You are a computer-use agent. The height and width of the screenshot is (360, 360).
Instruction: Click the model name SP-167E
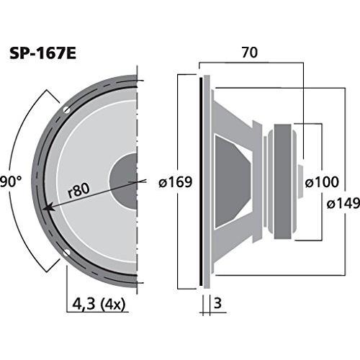42,54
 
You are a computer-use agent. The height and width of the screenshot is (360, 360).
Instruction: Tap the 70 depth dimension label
250,53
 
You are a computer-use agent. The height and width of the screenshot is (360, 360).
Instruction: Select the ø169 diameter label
176,181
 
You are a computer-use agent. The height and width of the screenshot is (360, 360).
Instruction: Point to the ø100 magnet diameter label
322,181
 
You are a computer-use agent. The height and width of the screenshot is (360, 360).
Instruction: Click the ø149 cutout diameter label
343,204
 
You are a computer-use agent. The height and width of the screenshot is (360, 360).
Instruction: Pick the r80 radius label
78,190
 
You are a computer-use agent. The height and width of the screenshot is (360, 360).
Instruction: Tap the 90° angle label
11,181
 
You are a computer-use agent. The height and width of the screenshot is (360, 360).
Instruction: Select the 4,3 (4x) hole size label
99,305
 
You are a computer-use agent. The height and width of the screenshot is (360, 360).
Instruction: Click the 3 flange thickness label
217,303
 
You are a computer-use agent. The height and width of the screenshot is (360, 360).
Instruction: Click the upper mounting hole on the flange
66,110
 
